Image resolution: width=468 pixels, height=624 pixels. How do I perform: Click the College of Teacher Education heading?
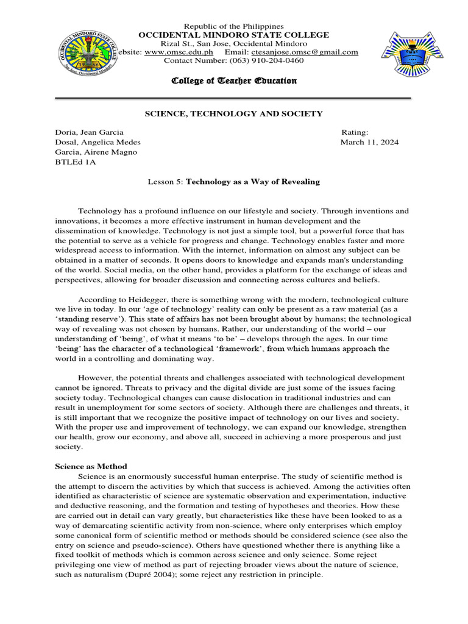coord(234,81)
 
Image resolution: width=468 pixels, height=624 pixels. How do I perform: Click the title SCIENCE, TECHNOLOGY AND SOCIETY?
coord(233,114)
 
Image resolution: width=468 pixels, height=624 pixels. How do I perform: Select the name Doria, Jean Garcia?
coord(89,132)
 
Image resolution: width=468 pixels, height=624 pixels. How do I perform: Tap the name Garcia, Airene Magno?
coord(96,152)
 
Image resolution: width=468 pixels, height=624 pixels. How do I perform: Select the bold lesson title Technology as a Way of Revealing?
coord(252,182)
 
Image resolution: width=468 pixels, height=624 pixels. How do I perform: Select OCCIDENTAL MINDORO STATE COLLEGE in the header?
coord(234,35)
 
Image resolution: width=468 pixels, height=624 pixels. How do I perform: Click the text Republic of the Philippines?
coord(234,26)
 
